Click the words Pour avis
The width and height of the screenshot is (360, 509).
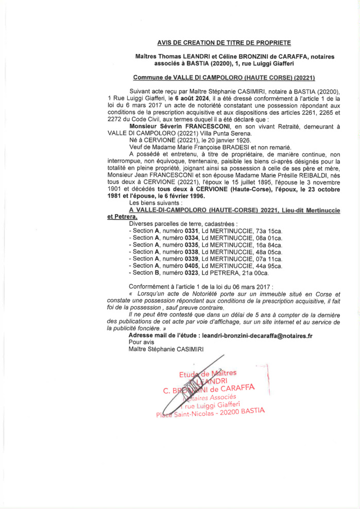click(x=142, y=342)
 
